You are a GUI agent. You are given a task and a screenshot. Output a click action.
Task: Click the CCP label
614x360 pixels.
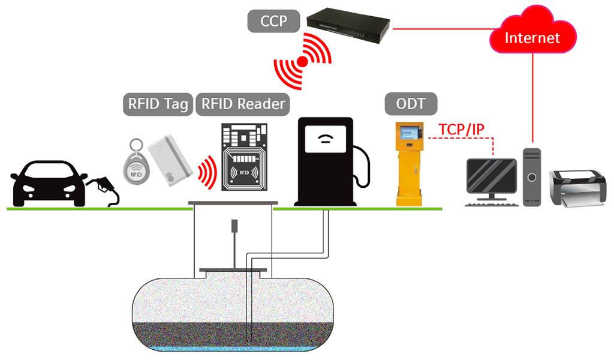(x=273, y=22)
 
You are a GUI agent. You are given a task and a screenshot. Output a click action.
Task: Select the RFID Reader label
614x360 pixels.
(x=243, y=104)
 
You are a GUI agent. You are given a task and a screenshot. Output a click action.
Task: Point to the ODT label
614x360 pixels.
(x=411, y=104)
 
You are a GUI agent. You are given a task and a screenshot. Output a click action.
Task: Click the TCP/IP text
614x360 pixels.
(x=461, y=129)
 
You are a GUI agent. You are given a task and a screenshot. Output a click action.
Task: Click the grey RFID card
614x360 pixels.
(x=169, y=159)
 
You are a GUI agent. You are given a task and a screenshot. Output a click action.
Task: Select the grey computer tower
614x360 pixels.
(x=531, y=177)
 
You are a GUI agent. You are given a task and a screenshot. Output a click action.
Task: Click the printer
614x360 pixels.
(x=576, y=187)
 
